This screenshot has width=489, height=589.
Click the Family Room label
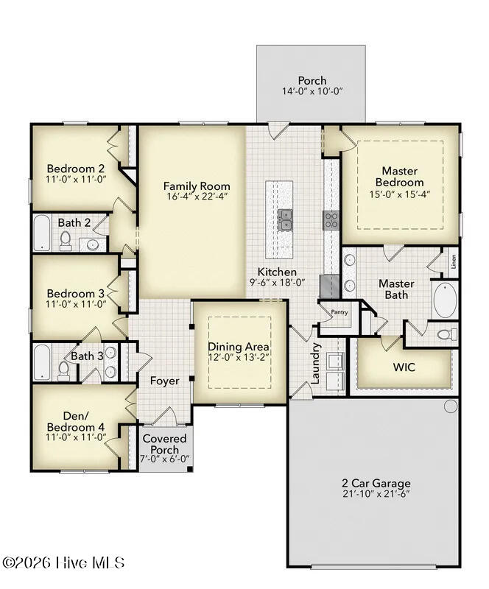(x=197, y=186)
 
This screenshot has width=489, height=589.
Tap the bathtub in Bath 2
(x=42, y=233)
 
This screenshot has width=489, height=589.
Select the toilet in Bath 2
(x=66, y=241)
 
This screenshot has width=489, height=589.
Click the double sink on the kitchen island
(x=285, y=219)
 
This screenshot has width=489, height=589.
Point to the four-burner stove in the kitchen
(x=331, y=220)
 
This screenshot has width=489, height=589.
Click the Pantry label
(x=340, y=312)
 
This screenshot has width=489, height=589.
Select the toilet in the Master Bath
(x=448, y=334)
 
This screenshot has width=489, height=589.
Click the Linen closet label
(x=454, y=261)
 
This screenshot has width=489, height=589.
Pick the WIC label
(x=404, y=367)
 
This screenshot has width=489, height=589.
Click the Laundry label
(x=315, y=363)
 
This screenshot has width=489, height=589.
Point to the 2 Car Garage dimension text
(x=376, y=493)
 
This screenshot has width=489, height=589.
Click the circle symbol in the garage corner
(x=451, y=406)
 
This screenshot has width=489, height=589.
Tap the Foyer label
(x=165, y=381)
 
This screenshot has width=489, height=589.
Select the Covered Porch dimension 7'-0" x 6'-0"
(x=165, y=459)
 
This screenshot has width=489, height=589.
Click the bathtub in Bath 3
(x=41, y=362)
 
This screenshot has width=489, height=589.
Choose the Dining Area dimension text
(x=239, y=357)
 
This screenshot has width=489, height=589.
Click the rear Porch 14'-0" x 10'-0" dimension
(x=312, y=91)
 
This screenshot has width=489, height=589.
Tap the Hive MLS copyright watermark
(x=63, y=562)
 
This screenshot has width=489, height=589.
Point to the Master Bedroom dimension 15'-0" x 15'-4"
(x=400, y=194)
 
